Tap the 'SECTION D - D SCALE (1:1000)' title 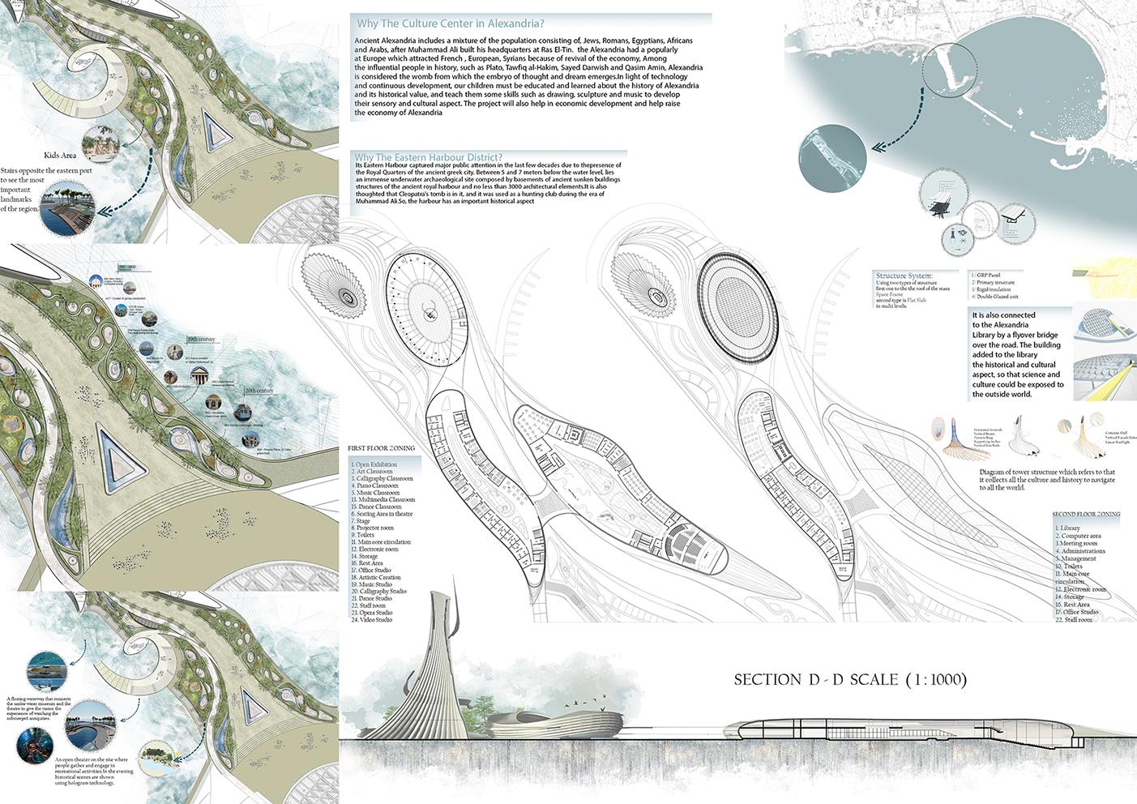tap(850, 680)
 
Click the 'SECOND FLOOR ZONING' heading tap(1086, 515)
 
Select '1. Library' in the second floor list tap(1068, 528)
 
